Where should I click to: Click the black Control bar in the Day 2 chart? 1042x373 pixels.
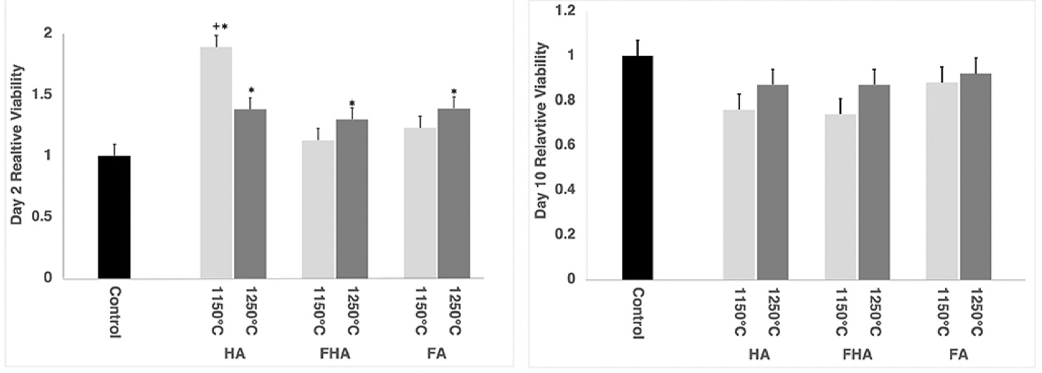tap(114, 217)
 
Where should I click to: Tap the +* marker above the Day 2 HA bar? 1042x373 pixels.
tap(220, 27)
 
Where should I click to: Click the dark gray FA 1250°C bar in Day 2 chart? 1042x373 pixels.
tap(454, 193)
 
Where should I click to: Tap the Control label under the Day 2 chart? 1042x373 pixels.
tap(115, 313)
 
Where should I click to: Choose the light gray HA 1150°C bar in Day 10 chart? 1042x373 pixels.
tap(739, 194)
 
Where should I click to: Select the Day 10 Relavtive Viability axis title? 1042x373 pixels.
tap(541, 131)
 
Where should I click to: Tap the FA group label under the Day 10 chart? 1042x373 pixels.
tap(959, 355)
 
